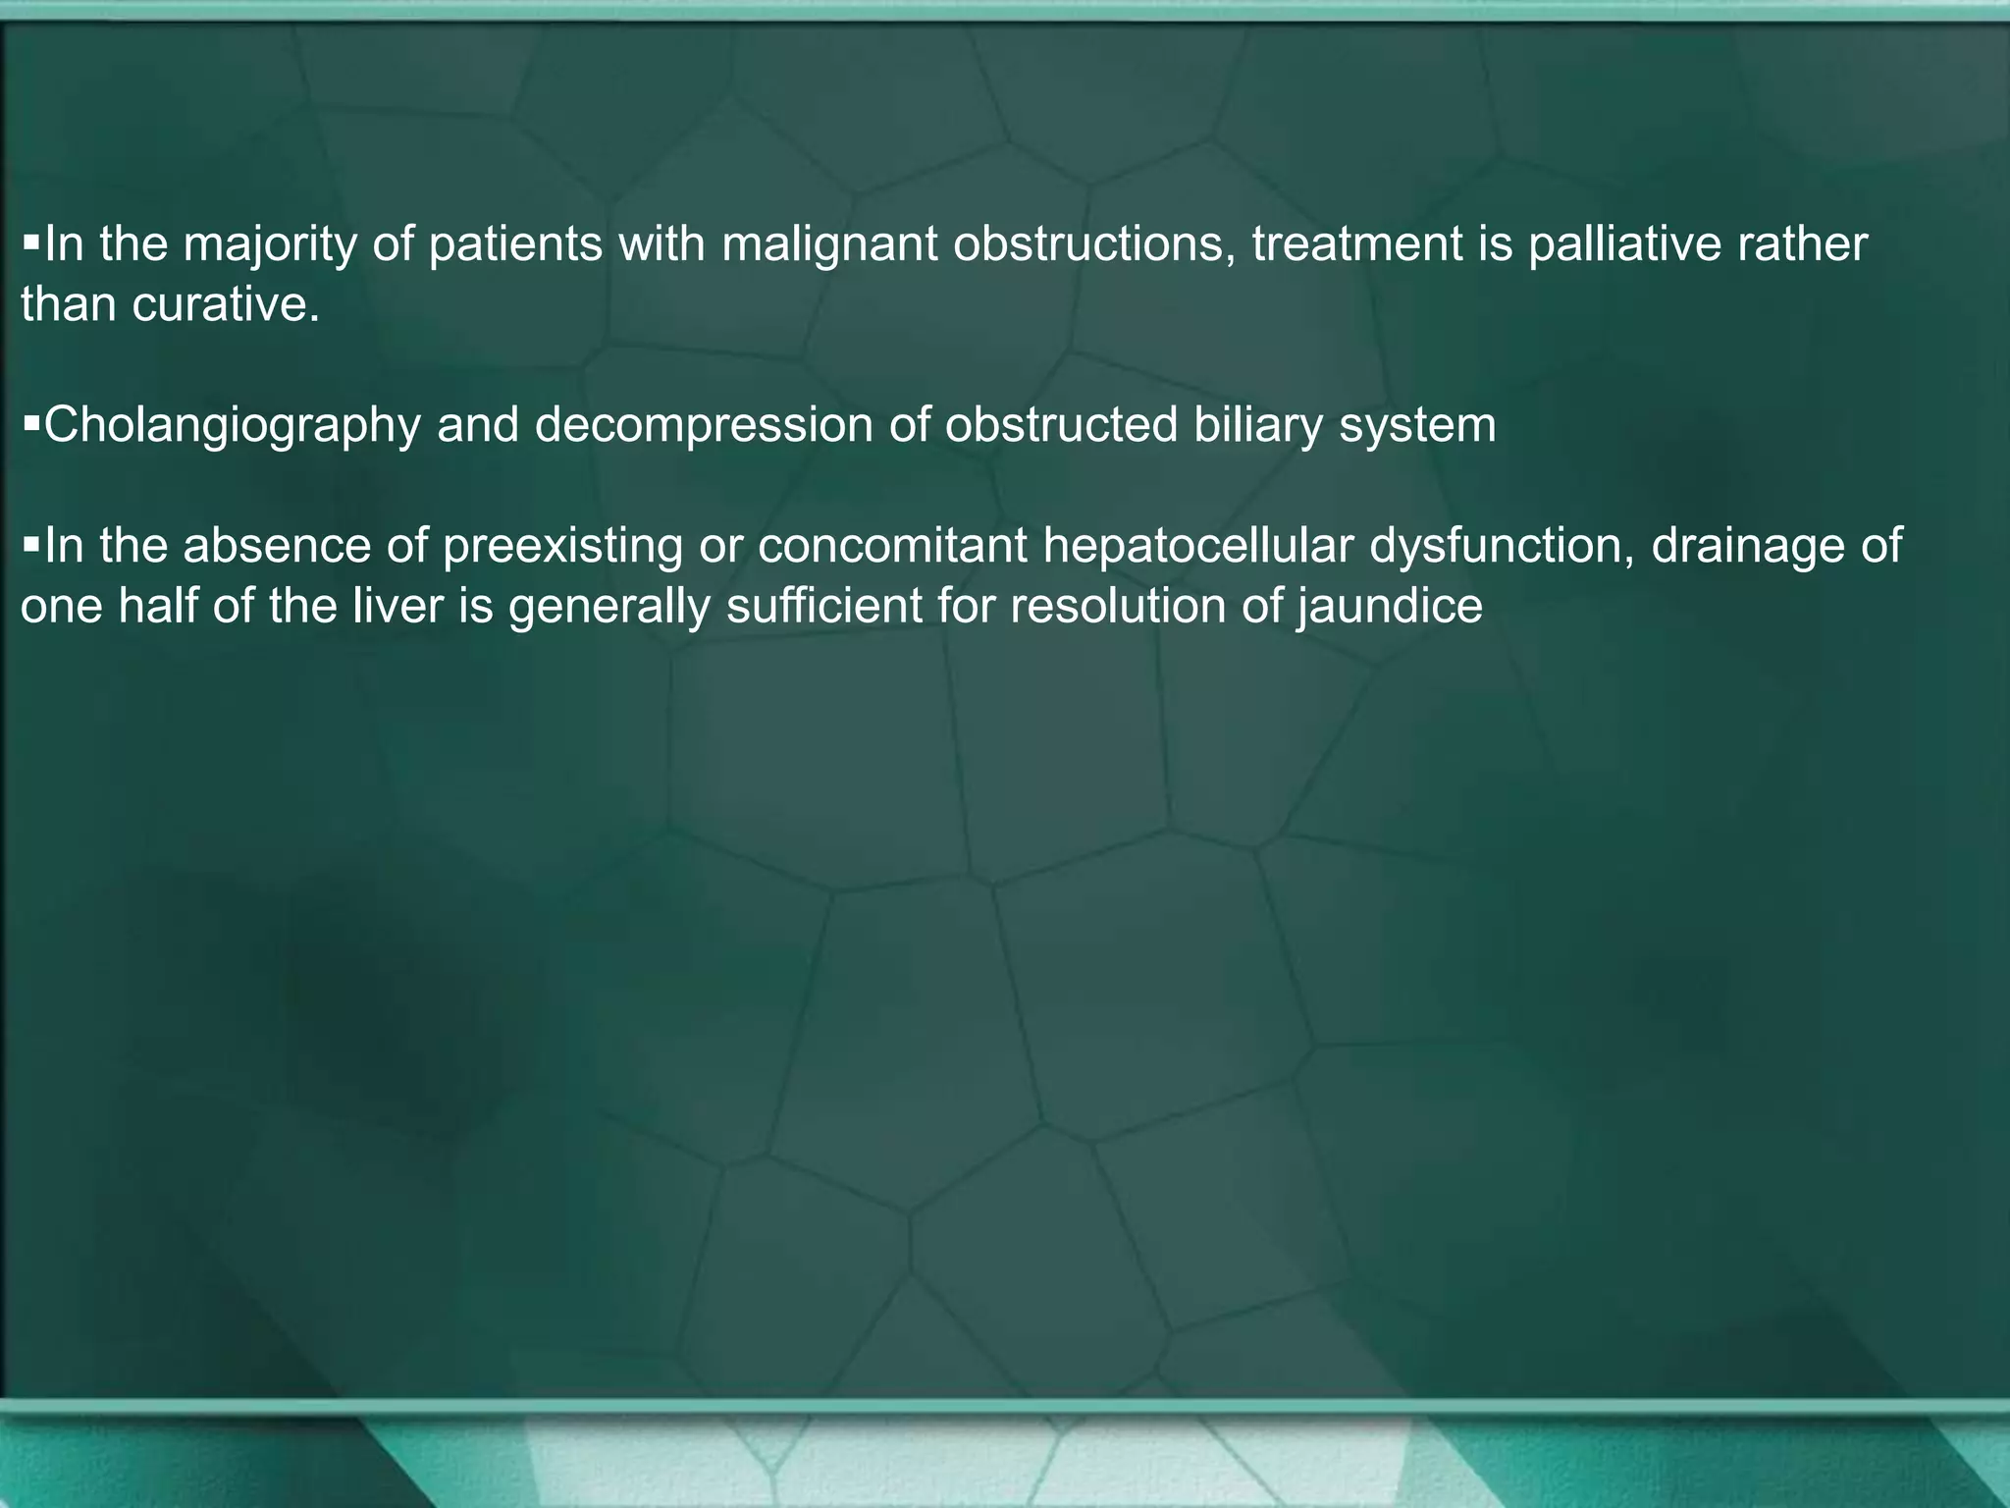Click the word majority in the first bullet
point(269,245)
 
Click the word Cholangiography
point(233,426)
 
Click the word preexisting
point(561,546)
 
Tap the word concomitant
point(892,546)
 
